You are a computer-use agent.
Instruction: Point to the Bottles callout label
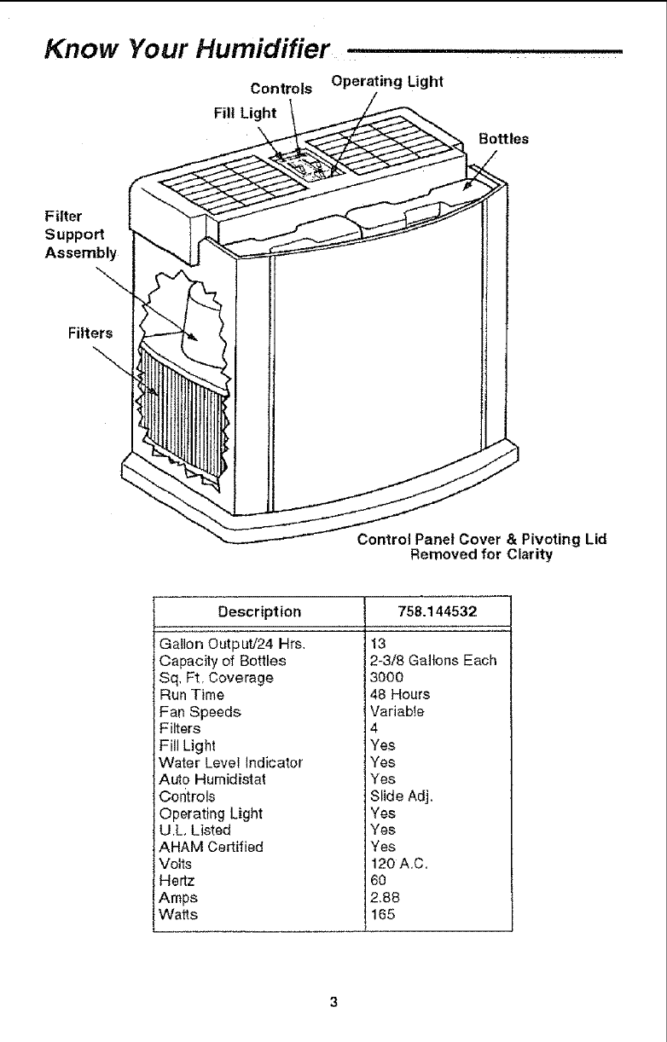[x=503, y=138]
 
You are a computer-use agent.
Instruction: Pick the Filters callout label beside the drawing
[x=89, y=331]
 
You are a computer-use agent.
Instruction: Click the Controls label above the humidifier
[x=281, y=89]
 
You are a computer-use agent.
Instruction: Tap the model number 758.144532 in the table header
[x=436, y=611]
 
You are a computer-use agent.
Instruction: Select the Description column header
[x=259, y=611]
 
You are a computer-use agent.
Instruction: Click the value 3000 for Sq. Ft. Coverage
[x=386, y=677]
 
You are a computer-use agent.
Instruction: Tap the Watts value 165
[x=382, y=914]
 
